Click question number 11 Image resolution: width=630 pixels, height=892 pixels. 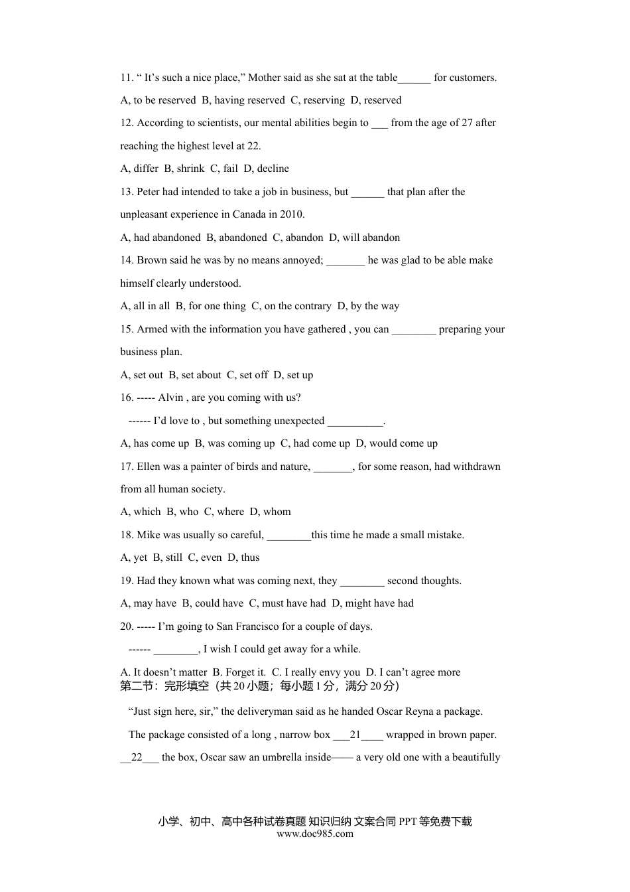[x=127, y=78]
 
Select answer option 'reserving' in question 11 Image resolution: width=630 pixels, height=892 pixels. [x=318, y=100]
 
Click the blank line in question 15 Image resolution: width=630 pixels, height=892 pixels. [x=414, y=330]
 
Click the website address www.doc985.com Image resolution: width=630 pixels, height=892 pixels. [x=315, y=834]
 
